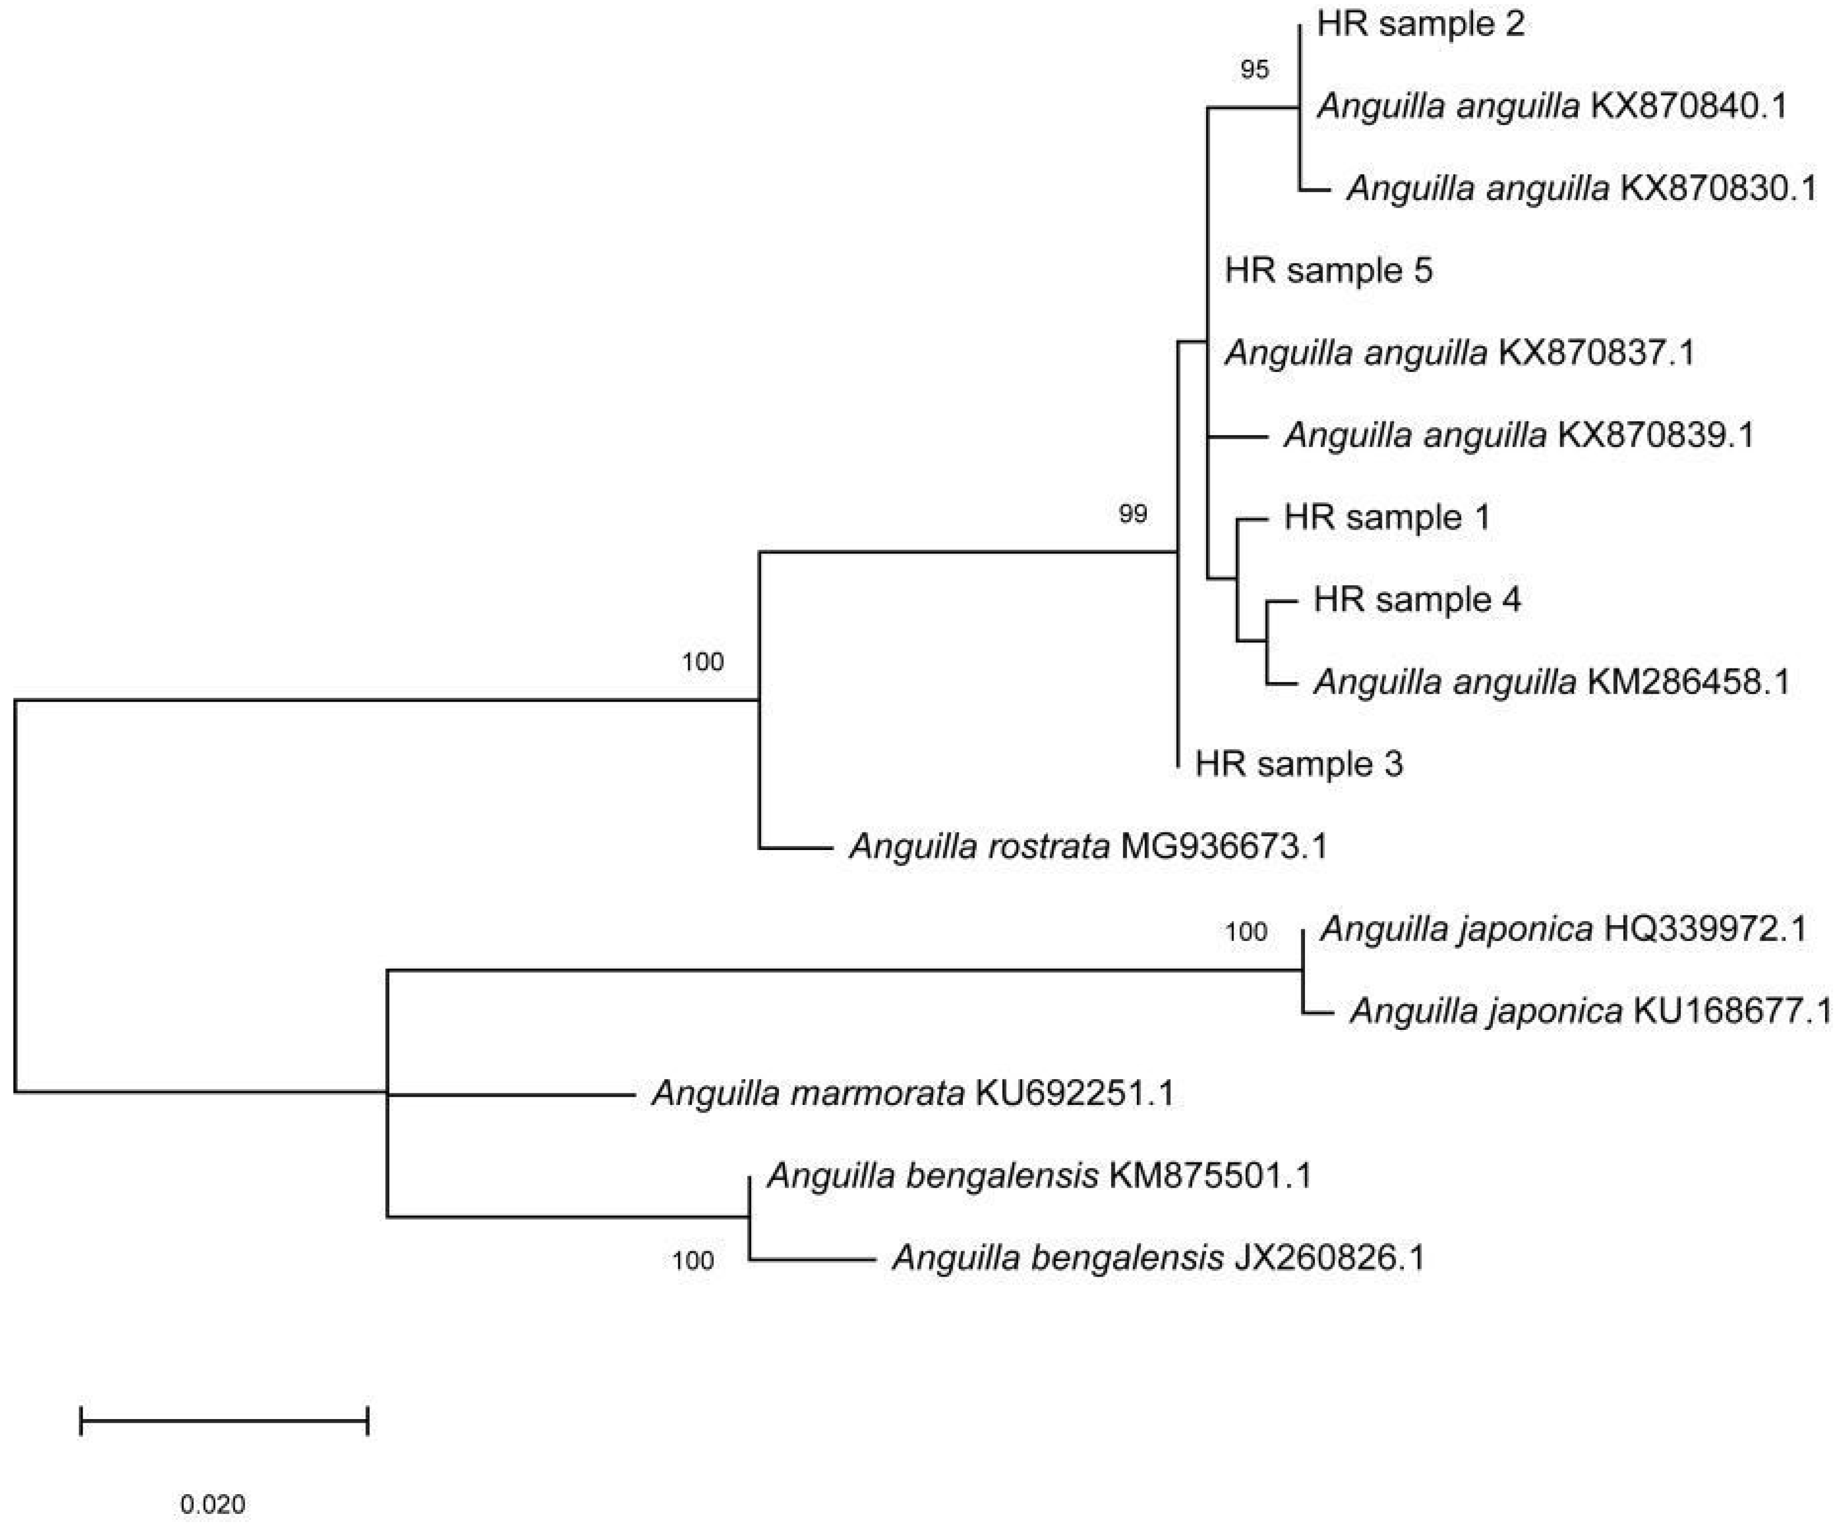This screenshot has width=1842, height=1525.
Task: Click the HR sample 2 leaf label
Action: [1420, 24]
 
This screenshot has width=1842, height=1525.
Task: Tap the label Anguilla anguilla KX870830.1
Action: [1581, 189]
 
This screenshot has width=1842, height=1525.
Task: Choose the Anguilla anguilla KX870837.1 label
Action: [1460, 353]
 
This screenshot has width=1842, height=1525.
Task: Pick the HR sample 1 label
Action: [1387, 517]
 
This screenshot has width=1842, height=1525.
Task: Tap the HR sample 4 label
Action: [1417, 600]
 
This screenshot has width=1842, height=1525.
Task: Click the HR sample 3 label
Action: [1298, 764]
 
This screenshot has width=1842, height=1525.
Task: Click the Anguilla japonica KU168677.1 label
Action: [1590, 1012]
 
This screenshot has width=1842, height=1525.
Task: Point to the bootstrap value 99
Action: [1132, 514]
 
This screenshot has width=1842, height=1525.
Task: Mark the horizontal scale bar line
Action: [223, 1420]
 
